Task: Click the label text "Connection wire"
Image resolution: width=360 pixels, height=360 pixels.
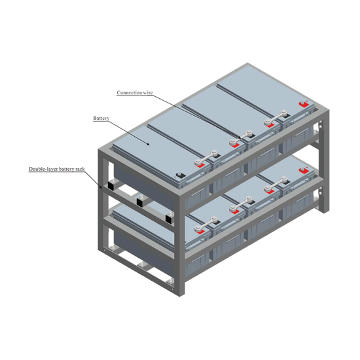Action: point(135,93)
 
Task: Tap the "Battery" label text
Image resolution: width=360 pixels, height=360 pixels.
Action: point(101,118)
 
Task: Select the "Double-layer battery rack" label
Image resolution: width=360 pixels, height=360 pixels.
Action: point(57,170)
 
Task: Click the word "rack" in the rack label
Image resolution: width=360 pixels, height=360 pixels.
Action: point(80,170)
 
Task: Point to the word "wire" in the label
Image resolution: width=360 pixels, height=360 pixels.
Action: point(148,93)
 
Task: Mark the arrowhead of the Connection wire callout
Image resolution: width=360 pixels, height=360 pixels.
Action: point(239,138)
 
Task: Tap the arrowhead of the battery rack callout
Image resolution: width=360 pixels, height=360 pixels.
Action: point(101,187)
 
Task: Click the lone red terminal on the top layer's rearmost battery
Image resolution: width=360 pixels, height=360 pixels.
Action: point(304,104)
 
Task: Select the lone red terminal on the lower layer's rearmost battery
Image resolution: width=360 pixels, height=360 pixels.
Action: point(304,171)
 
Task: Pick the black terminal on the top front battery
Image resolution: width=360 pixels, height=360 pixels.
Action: point(180,175)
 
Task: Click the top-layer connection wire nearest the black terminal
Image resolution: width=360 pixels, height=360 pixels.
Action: point(206,158)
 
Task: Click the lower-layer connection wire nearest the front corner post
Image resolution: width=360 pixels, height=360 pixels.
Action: point(206,225)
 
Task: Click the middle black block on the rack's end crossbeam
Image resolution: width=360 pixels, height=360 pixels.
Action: point(140,201)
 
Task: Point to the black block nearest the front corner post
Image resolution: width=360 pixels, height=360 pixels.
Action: point(169,218)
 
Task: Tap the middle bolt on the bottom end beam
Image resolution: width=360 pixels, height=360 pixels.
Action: point(141,265)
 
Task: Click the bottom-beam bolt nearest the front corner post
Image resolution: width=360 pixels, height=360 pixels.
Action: point(170,281)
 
